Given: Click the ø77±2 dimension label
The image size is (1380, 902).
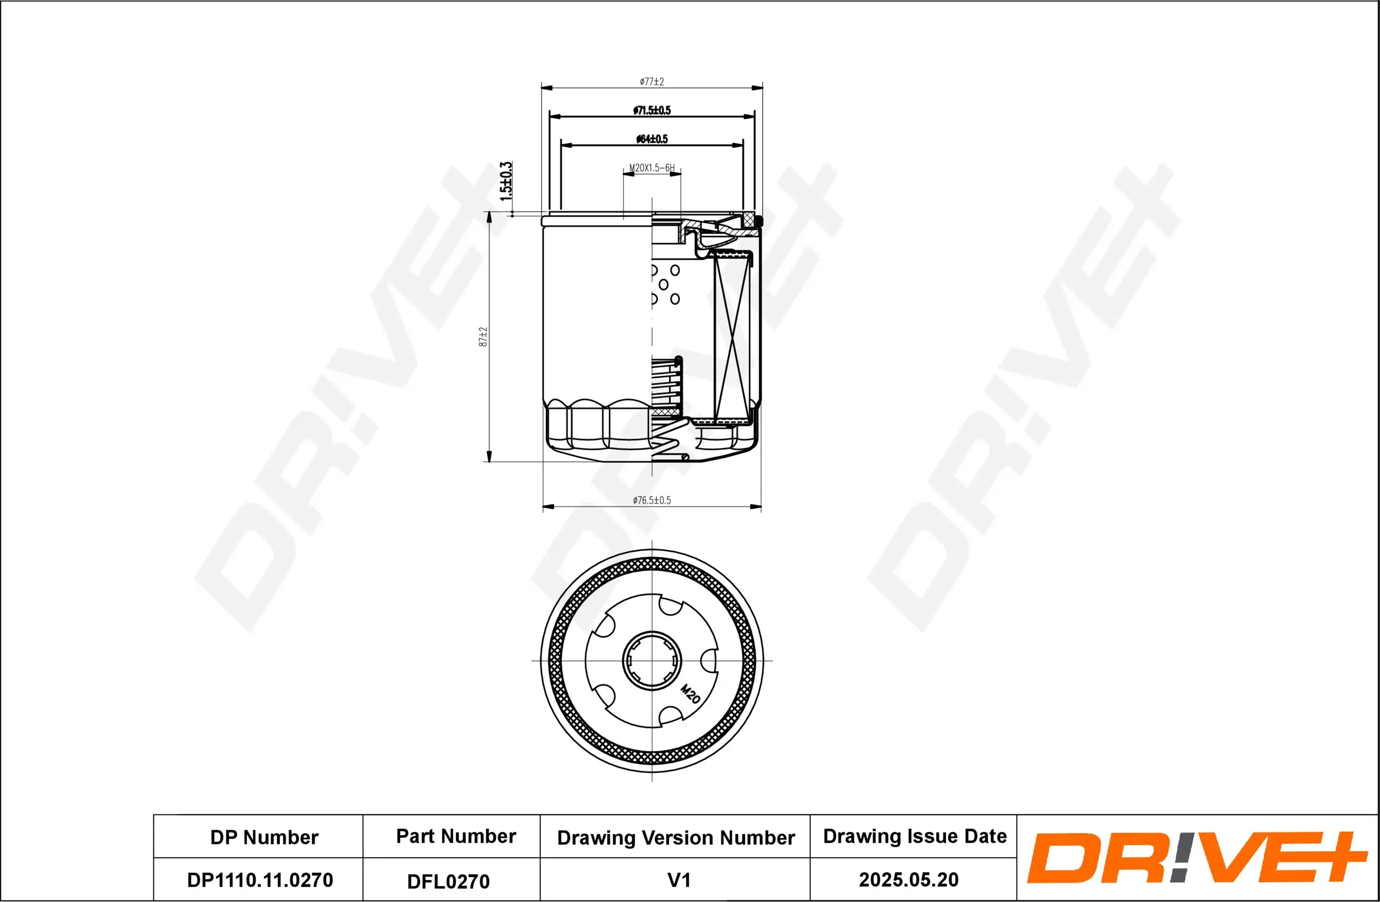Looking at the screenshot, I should point(652,82).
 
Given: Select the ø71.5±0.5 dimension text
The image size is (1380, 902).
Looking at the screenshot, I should point(652,110).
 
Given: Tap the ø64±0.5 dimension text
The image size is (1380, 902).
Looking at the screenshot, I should point(652,139).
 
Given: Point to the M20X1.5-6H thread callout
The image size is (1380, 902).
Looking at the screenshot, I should point(652,168).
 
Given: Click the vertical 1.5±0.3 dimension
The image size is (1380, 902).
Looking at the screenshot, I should point(506,182).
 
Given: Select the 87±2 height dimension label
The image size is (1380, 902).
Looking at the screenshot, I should point(483,337).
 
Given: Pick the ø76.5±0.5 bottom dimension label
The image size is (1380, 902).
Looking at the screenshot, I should point(652,500).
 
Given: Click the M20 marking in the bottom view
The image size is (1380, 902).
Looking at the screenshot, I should point(690,694).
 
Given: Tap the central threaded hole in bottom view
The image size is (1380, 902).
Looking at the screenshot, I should point(652,660).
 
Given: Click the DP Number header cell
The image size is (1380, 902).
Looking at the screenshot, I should point(264,837).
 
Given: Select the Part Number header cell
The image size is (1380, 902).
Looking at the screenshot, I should point(456,836).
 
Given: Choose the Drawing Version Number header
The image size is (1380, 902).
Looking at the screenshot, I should point(676,837).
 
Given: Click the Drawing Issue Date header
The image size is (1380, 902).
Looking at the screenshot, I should point(915,836).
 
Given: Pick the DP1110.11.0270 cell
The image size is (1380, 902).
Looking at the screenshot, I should point(260,880).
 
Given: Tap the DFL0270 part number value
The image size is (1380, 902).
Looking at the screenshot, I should point(448,882).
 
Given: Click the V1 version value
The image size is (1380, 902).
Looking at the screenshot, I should point(678,880).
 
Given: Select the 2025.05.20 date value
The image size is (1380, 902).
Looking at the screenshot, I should point(908,879).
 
